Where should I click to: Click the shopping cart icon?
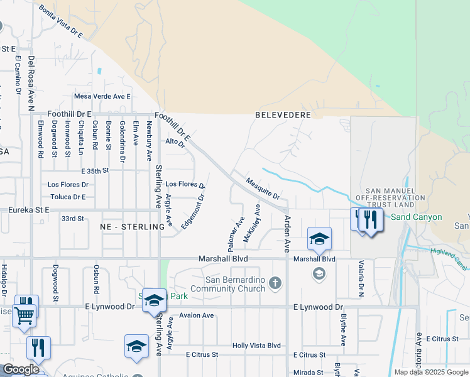tap(24, 315)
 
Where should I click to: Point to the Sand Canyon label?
tap(417, 217)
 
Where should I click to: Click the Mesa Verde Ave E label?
tap(102, 96)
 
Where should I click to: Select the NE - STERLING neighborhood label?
tap(128, 226)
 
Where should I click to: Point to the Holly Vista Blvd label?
tap(256, 346)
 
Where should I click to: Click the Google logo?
tap(21, 369)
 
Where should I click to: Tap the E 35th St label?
tap(95, 170)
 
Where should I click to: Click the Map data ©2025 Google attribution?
tap(430, 372)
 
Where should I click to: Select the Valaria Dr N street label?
tap(361, 278)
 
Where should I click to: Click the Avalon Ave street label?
tap(197, 315)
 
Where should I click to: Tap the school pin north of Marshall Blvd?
tap(319, 238)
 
